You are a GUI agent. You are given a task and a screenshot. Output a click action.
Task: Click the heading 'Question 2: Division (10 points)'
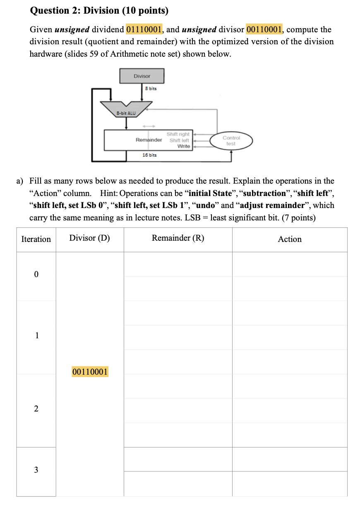[99, 11]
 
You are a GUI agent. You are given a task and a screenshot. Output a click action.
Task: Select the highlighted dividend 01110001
[144, 29]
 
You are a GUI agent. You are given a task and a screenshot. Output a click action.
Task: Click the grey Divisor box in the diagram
[142, 76]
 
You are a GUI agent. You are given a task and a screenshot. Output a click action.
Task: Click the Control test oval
[231, 141]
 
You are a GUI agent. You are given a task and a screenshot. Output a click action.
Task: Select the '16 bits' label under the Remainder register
[149, 155]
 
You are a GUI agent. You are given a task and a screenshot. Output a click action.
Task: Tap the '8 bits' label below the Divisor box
[151, 88]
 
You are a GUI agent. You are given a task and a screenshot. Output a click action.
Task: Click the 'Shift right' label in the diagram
[178, 134]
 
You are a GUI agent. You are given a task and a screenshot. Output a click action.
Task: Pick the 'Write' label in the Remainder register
[183, 146]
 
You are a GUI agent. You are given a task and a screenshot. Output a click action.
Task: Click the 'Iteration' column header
[36, 239]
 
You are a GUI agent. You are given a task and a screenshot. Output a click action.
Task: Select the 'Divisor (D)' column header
[89, 238]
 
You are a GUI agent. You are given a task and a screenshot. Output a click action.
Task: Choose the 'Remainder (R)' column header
[178, 238]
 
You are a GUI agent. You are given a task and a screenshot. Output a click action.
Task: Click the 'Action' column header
[290, 239]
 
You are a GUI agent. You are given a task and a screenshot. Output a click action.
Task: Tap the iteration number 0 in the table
[36, 275]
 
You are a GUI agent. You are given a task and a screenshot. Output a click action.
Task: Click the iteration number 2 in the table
[36, 409]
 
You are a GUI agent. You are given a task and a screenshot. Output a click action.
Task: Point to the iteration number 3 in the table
[36, 470]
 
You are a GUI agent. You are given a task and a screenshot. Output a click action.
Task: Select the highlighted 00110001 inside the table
[90, 372]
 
